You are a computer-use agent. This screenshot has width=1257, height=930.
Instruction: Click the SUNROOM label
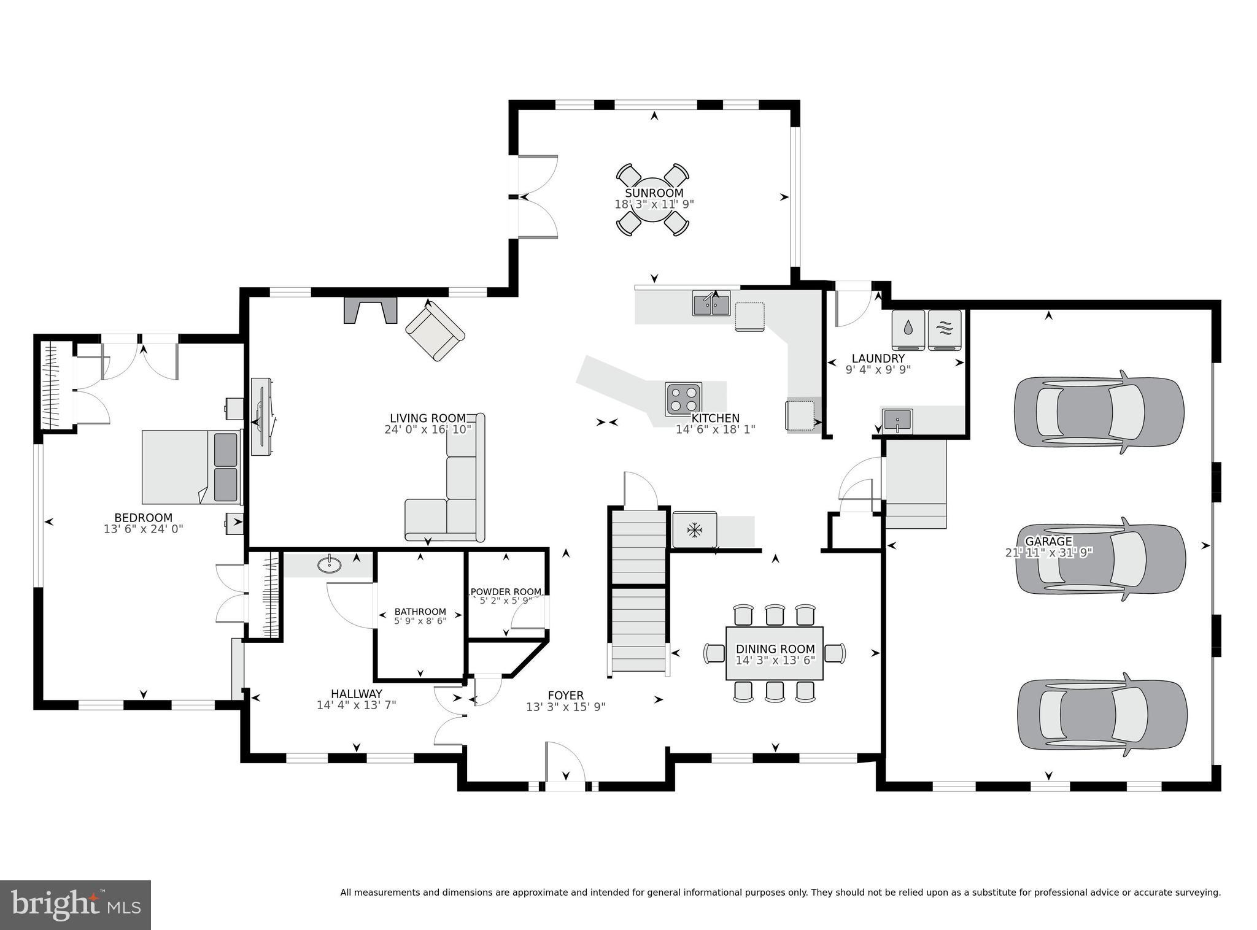point(654,193)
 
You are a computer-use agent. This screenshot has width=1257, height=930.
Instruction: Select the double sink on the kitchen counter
point(711,303)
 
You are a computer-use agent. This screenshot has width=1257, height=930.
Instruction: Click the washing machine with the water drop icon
point(908,329)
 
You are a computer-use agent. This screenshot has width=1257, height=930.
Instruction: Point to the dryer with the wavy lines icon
point(945,329)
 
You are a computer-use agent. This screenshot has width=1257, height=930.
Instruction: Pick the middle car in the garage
point(1100,558)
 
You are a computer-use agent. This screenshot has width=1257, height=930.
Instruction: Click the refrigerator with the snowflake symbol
point(694,529)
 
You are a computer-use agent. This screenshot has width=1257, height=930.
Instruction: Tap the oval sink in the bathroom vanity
point(330,564)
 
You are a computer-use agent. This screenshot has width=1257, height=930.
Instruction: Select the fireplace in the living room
point(371,310)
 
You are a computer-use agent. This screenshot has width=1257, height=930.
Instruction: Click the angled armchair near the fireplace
point(435,330)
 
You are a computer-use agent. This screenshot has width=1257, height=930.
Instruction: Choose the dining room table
point(775,653)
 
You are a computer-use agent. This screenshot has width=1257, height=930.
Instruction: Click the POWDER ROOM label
point(506,592)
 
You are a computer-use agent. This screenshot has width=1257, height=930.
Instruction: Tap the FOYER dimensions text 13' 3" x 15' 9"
point(566,707)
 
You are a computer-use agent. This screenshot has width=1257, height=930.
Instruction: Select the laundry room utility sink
point(897,421)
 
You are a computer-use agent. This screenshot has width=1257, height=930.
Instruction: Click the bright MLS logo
point(75,904)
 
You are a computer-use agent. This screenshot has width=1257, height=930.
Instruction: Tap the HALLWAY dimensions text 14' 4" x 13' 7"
point(357,705)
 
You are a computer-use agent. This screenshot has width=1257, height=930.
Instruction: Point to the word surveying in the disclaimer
point(1197,893)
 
